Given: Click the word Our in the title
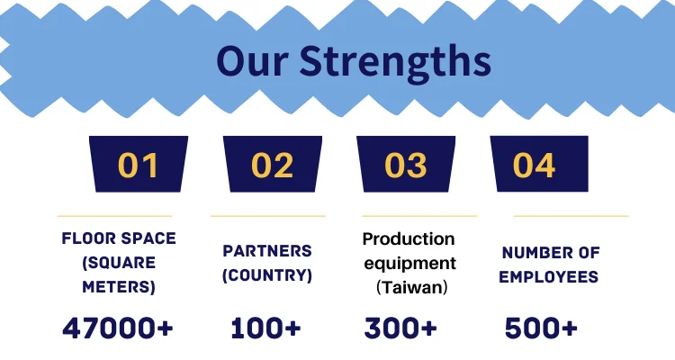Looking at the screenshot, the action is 252,60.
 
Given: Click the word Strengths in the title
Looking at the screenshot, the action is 395,63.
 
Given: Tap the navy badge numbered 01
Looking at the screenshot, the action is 139,164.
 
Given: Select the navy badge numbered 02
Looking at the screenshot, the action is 273,164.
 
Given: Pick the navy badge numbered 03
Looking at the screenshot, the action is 406,164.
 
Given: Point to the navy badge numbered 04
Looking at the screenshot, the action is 539,164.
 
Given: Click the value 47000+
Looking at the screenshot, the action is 118,328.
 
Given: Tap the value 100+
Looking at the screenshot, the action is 265,328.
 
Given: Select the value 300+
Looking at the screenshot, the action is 400,328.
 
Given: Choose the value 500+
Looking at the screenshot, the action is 541,328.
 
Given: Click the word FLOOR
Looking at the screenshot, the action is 89,238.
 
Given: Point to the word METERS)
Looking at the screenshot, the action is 119,287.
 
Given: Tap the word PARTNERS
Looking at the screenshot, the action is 267,250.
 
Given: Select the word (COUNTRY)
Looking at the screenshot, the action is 267,275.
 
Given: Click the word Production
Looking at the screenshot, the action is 409,239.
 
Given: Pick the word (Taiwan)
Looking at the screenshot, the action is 412,287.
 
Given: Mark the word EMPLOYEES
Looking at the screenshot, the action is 548,277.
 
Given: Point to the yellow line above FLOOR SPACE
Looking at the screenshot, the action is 115,216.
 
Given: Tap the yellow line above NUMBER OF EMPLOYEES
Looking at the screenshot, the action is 571,216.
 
